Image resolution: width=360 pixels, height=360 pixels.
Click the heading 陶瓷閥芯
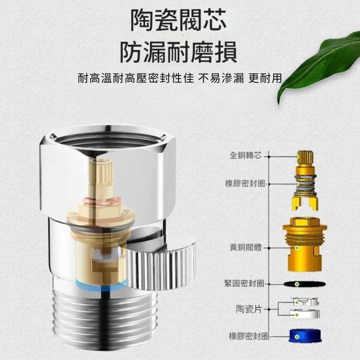point(179,20)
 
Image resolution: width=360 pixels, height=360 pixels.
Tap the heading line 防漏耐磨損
point(179,52)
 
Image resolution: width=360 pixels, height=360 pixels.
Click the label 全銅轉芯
point(245,156)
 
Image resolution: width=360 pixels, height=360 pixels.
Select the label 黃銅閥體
point(245,247)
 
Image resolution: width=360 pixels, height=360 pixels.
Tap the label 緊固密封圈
point(244,284)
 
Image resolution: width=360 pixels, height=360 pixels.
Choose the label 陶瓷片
point(249,309)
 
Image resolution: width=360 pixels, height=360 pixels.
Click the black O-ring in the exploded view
point(305,284)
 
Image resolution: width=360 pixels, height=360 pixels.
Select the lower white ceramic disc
point(305,314)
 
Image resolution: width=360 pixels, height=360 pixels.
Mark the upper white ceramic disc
point(305,301)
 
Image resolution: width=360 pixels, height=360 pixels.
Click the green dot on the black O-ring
point(297,284)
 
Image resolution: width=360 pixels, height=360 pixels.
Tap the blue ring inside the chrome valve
point(99,285)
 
